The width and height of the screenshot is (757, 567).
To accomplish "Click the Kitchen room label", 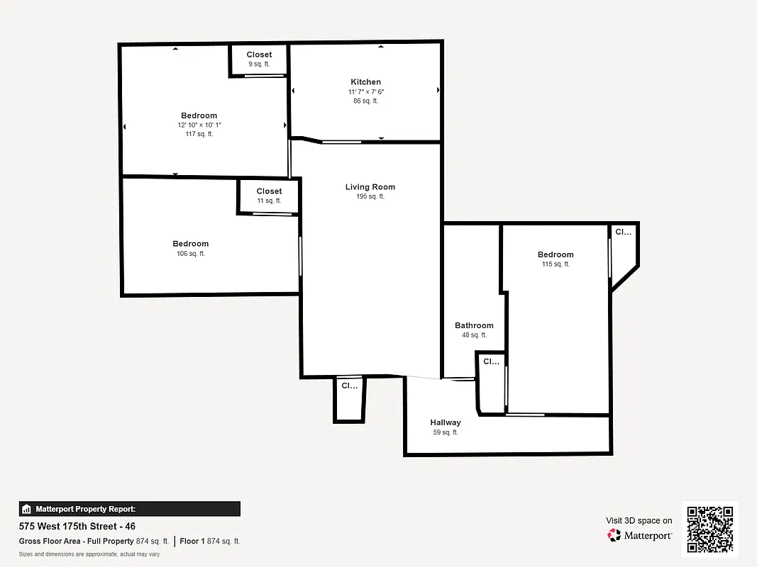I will pyautogui.click(x=365, y=82).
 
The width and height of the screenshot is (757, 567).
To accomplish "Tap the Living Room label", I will pyautogui.click(x=370, y=187).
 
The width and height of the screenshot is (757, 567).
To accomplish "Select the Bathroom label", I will pyautogui.click(x=474, y=326).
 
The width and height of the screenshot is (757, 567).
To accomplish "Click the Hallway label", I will pyautogui.click(x=445, y=422).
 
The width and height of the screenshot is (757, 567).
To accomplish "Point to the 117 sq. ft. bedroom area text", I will pyautogui.click(x=199, y=134).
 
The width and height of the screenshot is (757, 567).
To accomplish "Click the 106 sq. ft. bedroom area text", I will pyautogui.click(x=190, y=254).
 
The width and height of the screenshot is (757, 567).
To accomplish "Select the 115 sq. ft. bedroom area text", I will pyautogui.click(x=556, y=264).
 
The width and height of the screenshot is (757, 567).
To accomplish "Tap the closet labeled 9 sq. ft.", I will pyautogui.click(x=259, y=60).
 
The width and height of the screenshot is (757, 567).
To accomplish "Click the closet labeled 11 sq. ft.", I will pyautogui.click(x=269, y=196).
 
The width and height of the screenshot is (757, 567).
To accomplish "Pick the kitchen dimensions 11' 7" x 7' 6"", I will pyautogui.click(x=365, y=92).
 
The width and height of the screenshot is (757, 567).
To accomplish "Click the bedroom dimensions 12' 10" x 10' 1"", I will pyautogui.click(x=199, y=125).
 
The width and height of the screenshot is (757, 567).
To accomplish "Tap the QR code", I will pyautogui.click(x=710, y=529).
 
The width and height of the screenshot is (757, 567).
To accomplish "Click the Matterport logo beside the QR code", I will pyautogui.click(x=639, y=535).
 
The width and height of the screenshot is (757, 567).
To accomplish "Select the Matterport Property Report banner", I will pyautogui.click(x=129, y=509).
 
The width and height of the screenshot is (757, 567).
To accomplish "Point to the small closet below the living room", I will pyautogui.click(x=349, y=400).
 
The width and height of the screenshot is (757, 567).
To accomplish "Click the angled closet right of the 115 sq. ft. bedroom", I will pyautogui.click(x=622, y=255).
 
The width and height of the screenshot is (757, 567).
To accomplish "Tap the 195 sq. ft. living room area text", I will pyautogui.click(x=370, y=197).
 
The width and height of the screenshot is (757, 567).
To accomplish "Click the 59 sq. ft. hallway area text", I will pyautogui.click(x=445, y=432).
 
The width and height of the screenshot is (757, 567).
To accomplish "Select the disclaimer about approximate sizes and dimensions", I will pyautogui.click(x=89, y=554).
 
